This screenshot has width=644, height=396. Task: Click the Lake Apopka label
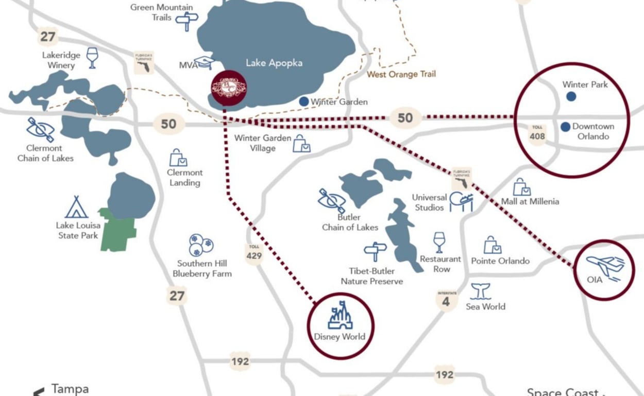tap(274, 63)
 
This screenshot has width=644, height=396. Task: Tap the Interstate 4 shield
tap(446, 300)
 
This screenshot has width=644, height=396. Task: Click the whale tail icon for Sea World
tap(481, 291)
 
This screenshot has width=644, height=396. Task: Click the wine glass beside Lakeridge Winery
tap(92, 58)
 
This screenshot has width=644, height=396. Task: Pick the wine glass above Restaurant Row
tap(439, 242)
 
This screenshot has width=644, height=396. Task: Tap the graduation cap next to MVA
tap(205, 63)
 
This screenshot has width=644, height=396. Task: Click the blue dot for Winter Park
tap(571, 96)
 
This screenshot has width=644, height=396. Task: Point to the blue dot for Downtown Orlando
tap(565, 126)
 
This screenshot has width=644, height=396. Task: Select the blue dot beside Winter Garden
tap(304, 101)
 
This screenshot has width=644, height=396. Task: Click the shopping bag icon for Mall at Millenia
tap(521, 187)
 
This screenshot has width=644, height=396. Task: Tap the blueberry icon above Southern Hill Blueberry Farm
tap(200, 245)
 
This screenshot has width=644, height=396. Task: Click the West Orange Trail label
tap(401, 74)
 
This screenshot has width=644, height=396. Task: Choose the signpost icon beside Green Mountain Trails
tap(187, 21)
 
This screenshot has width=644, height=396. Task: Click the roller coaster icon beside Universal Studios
tap(461, 201)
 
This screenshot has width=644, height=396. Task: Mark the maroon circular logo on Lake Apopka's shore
tap(229, 87)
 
